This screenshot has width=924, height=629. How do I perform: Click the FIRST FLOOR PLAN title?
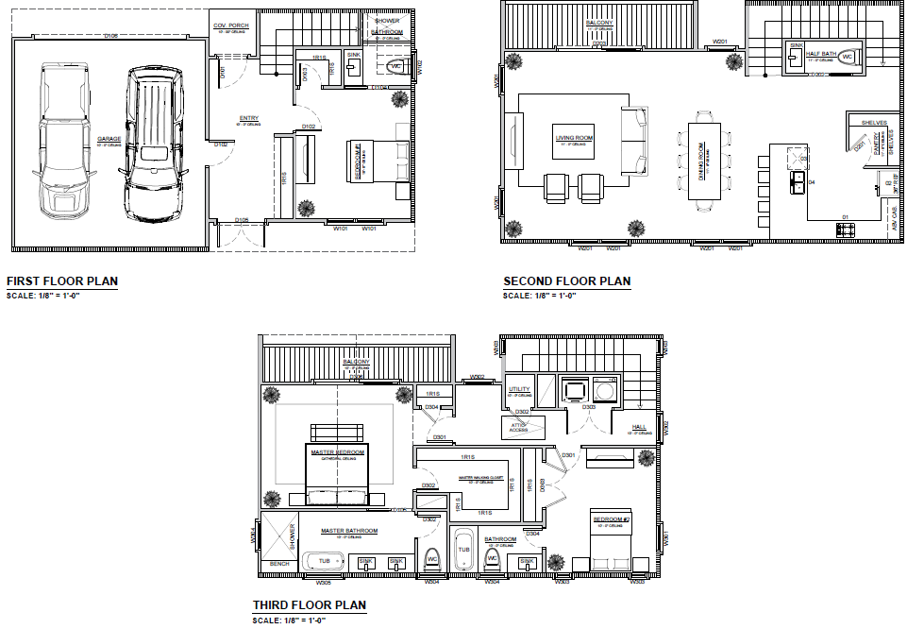coord(61,280)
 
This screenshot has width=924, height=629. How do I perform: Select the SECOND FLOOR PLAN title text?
coord(566,280)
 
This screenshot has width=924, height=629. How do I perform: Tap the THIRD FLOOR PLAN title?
coord(309,605)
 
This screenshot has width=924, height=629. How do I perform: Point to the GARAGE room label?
coord(109,140)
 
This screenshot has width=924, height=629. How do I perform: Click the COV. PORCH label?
coord(230,25)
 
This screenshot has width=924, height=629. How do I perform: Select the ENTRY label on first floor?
coord(248,118)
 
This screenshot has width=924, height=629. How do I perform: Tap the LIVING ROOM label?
coord(574,138)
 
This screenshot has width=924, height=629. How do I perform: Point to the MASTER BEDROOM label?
coord(337,451)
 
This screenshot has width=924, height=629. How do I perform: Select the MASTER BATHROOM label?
coord(348,531)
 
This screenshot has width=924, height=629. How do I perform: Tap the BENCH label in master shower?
coord(278,564)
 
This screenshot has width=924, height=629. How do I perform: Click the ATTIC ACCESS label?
coord(518,428)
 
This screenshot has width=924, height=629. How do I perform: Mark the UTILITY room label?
coord(519,389)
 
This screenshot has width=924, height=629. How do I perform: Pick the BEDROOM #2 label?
coord(610,519)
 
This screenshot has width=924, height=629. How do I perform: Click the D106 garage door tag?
coord(110,36)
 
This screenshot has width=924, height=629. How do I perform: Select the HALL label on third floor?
coord(639,427)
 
